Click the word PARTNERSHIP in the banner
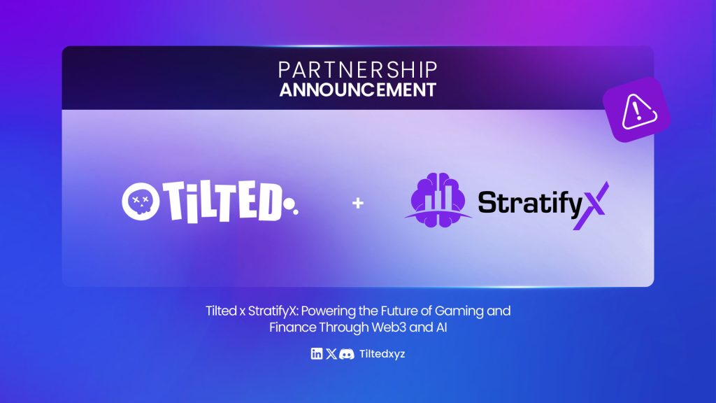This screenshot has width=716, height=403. click(x=357, y=70)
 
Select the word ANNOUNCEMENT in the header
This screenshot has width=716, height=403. click(x=357, y=90)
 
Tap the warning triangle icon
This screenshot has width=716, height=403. click(x=639, y=111)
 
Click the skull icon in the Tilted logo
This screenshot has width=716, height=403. click(x=141, y=201)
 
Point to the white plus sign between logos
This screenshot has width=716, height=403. click(x=358, y=203)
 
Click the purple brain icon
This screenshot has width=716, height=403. click(x=438, y=200)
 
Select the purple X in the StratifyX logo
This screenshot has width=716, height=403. click(x=591, y=205)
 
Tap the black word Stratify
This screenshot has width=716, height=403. click(x=530, y=203)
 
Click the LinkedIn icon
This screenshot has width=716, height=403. click(x=317, y=353)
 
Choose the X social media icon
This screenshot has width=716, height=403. click(x=331, y=353)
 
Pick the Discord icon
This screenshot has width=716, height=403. click(x=347, y=353)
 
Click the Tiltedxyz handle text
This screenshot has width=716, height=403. click(x=382, y=354)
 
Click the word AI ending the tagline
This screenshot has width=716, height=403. click(x=441, y=327)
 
